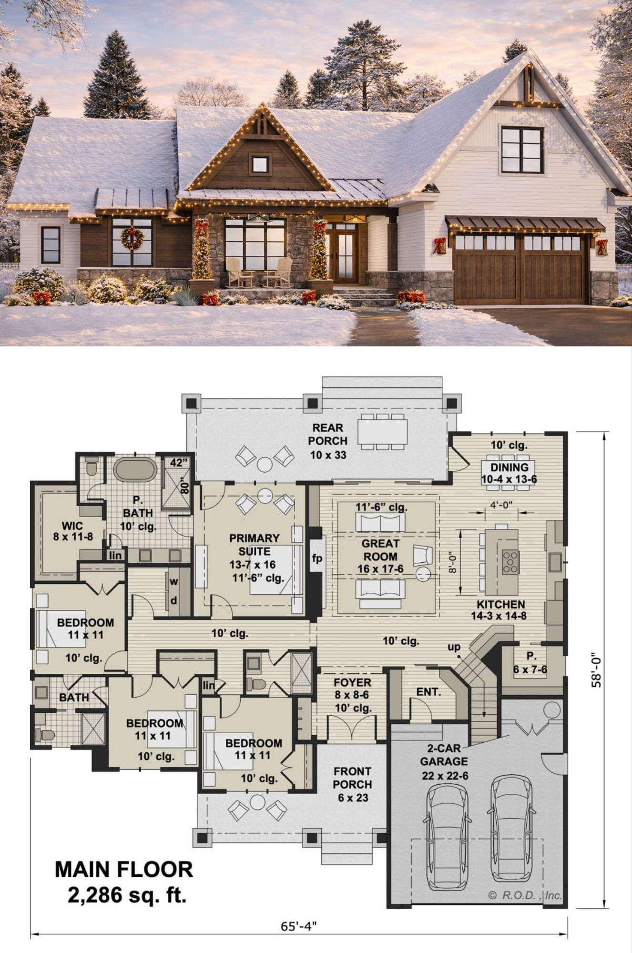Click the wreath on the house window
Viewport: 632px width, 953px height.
[x=132, y=238]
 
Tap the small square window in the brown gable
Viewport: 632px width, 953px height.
[x=260, y=164]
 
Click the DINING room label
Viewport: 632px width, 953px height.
[x=509, y=467]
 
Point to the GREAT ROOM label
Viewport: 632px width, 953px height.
[x=380, y=550]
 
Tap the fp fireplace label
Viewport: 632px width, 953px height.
[x=317, y=558]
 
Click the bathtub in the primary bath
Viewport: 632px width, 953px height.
[x=135, y=469]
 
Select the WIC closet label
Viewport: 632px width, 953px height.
[x=72, y=526]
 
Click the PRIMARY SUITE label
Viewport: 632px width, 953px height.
[x=254, y=545]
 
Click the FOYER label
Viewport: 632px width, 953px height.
[x=352, y=682]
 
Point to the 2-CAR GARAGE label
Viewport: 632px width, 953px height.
[x=444, y=755]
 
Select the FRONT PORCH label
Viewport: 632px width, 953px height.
[x=352, y=778]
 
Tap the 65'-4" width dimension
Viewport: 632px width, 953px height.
[x=299, y=926]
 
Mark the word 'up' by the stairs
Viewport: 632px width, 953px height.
[x=454, y=647]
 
